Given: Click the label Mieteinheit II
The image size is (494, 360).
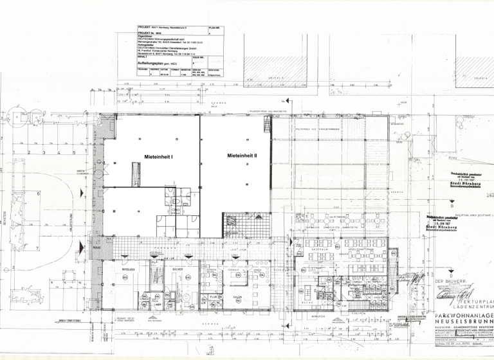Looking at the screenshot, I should tap(242, 156).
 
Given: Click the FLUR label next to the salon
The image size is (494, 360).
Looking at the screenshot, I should tap(212, 296).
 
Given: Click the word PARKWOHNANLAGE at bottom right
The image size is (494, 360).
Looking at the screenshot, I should tap(464, 318).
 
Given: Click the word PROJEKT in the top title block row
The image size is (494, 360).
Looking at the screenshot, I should tap(144, 27).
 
